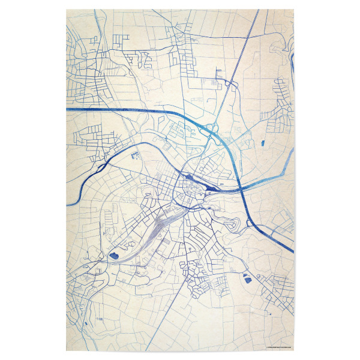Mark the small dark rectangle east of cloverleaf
pyautogui.click(x=263, y=142)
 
